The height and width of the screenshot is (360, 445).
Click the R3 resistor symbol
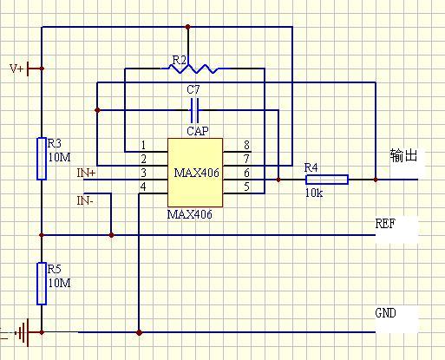click(42, 159)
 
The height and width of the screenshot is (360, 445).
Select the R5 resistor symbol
click(42, 284)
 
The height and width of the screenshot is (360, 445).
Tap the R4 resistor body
click(327, 180)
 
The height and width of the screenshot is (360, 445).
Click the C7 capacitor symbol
click(194, 110)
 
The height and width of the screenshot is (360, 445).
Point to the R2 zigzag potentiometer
click(193, 69)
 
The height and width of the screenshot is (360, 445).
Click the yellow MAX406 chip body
click(195, 173)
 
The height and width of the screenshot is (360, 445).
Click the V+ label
click(16, 69)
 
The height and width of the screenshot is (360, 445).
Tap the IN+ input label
click(86, 173)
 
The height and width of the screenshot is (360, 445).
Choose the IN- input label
click(85, 200)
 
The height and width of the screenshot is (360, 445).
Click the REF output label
click(385, 224)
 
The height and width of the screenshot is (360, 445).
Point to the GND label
click(385, 313)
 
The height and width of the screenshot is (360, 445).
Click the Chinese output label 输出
click(403, 155)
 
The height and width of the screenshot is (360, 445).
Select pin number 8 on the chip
click(246, 145)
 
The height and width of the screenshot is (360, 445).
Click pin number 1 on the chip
click(143, 145)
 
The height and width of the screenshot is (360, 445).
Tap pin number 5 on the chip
click(246, 187)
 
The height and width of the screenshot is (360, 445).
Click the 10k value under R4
click(314, 193)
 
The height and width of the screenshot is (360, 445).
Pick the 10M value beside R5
click(59, 283)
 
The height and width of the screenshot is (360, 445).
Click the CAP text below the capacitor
click(198, 131)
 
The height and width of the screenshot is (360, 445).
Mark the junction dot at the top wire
click(188, 27)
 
